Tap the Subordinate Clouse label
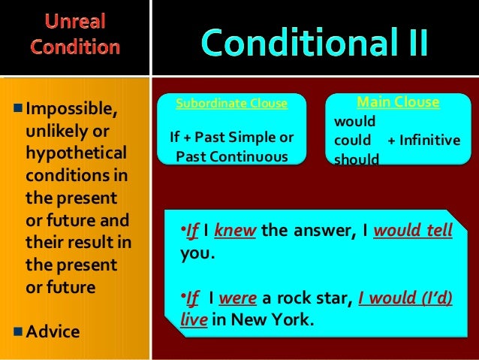pos(231,104)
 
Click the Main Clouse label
pos(398,102)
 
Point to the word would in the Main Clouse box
pos(354,121)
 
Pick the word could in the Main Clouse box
pos(353,141)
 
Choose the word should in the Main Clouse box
pos(357,159)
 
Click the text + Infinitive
pos(423,141)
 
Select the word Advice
pos(53,331)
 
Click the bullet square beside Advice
pos(18,329)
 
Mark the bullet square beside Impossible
pos(18,112)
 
